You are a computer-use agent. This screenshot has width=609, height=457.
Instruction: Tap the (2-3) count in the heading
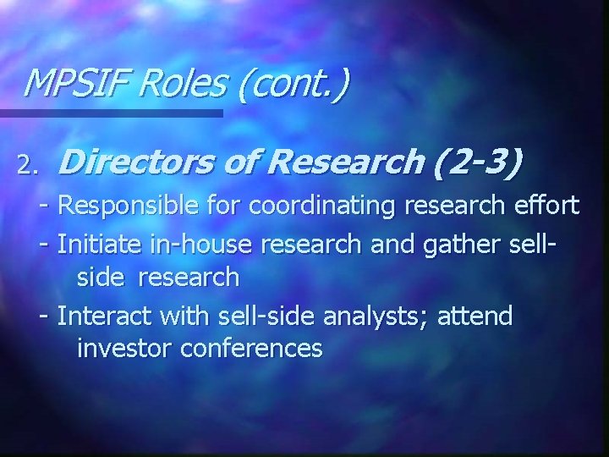coord(477,161)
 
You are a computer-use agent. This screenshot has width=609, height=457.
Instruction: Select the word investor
coord(123,348)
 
